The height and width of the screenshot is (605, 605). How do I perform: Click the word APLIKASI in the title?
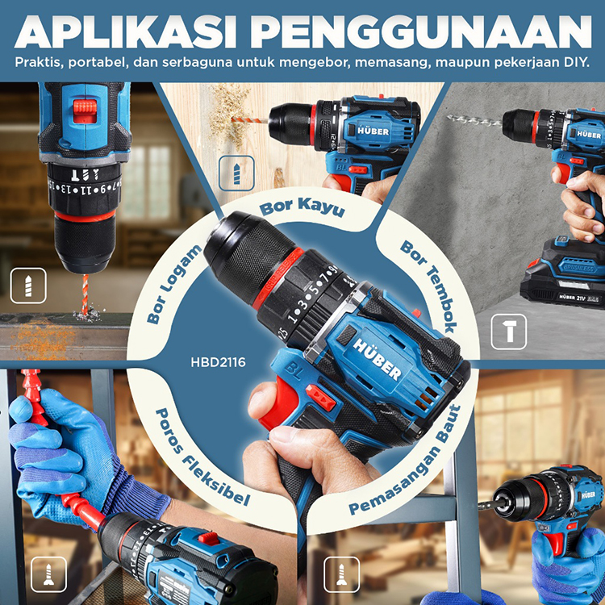click(x=125, y=32)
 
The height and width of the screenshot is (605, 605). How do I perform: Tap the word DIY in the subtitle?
click(x=577, y=62)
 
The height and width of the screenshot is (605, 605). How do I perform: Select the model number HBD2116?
click(x=218, y=362)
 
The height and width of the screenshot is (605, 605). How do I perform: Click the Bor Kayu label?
click(x=302, y=207)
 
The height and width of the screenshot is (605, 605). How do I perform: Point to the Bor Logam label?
click(x=173, y=285)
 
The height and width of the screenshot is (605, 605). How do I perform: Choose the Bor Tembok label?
click(x=429, y=286)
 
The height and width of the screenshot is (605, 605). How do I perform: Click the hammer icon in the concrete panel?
click(x=508, y=332)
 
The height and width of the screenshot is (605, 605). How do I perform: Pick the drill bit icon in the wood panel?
click(x=236, y=173)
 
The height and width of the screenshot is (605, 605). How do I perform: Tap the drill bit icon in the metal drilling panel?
click(x=28, y=286)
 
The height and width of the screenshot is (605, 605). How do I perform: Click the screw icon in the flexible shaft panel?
click(x=48, y=574)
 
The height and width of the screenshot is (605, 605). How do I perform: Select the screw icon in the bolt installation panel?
click(x=341, y=574)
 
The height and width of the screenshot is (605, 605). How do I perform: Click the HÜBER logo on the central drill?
click(x=377, y=359)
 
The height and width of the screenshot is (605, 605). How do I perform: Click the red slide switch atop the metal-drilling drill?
click(x=85, y=111)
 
